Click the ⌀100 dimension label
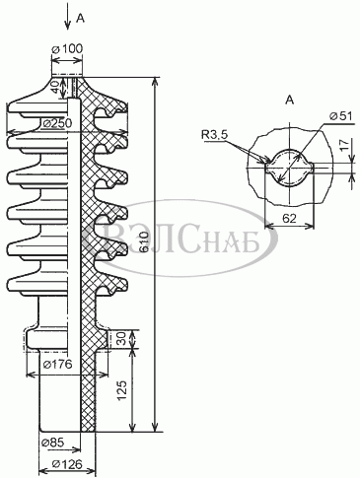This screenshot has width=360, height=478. click(x=67, y=49)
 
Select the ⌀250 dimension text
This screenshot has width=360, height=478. click(x=57, y=124)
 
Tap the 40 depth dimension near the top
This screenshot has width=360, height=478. click(x=56, y=87)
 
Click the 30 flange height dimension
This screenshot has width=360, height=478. click(x=122, y=339)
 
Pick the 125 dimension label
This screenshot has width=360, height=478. click(x=122, y=390)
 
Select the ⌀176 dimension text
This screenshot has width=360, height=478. click(x=57, y=364)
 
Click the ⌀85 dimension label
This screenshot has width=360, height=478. click(x=53, y=443)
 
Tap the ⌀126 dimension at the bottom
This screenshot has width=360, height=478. click(x=67, y=464)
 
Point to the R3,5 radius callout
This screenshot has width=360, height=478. click(x=215, y=134)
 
